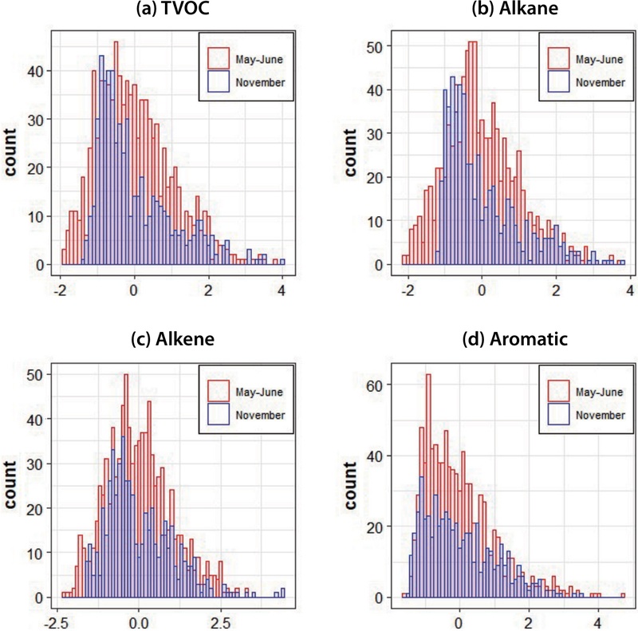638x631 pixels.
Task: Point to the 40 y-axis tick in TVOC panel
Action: [x=40, y=71]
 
